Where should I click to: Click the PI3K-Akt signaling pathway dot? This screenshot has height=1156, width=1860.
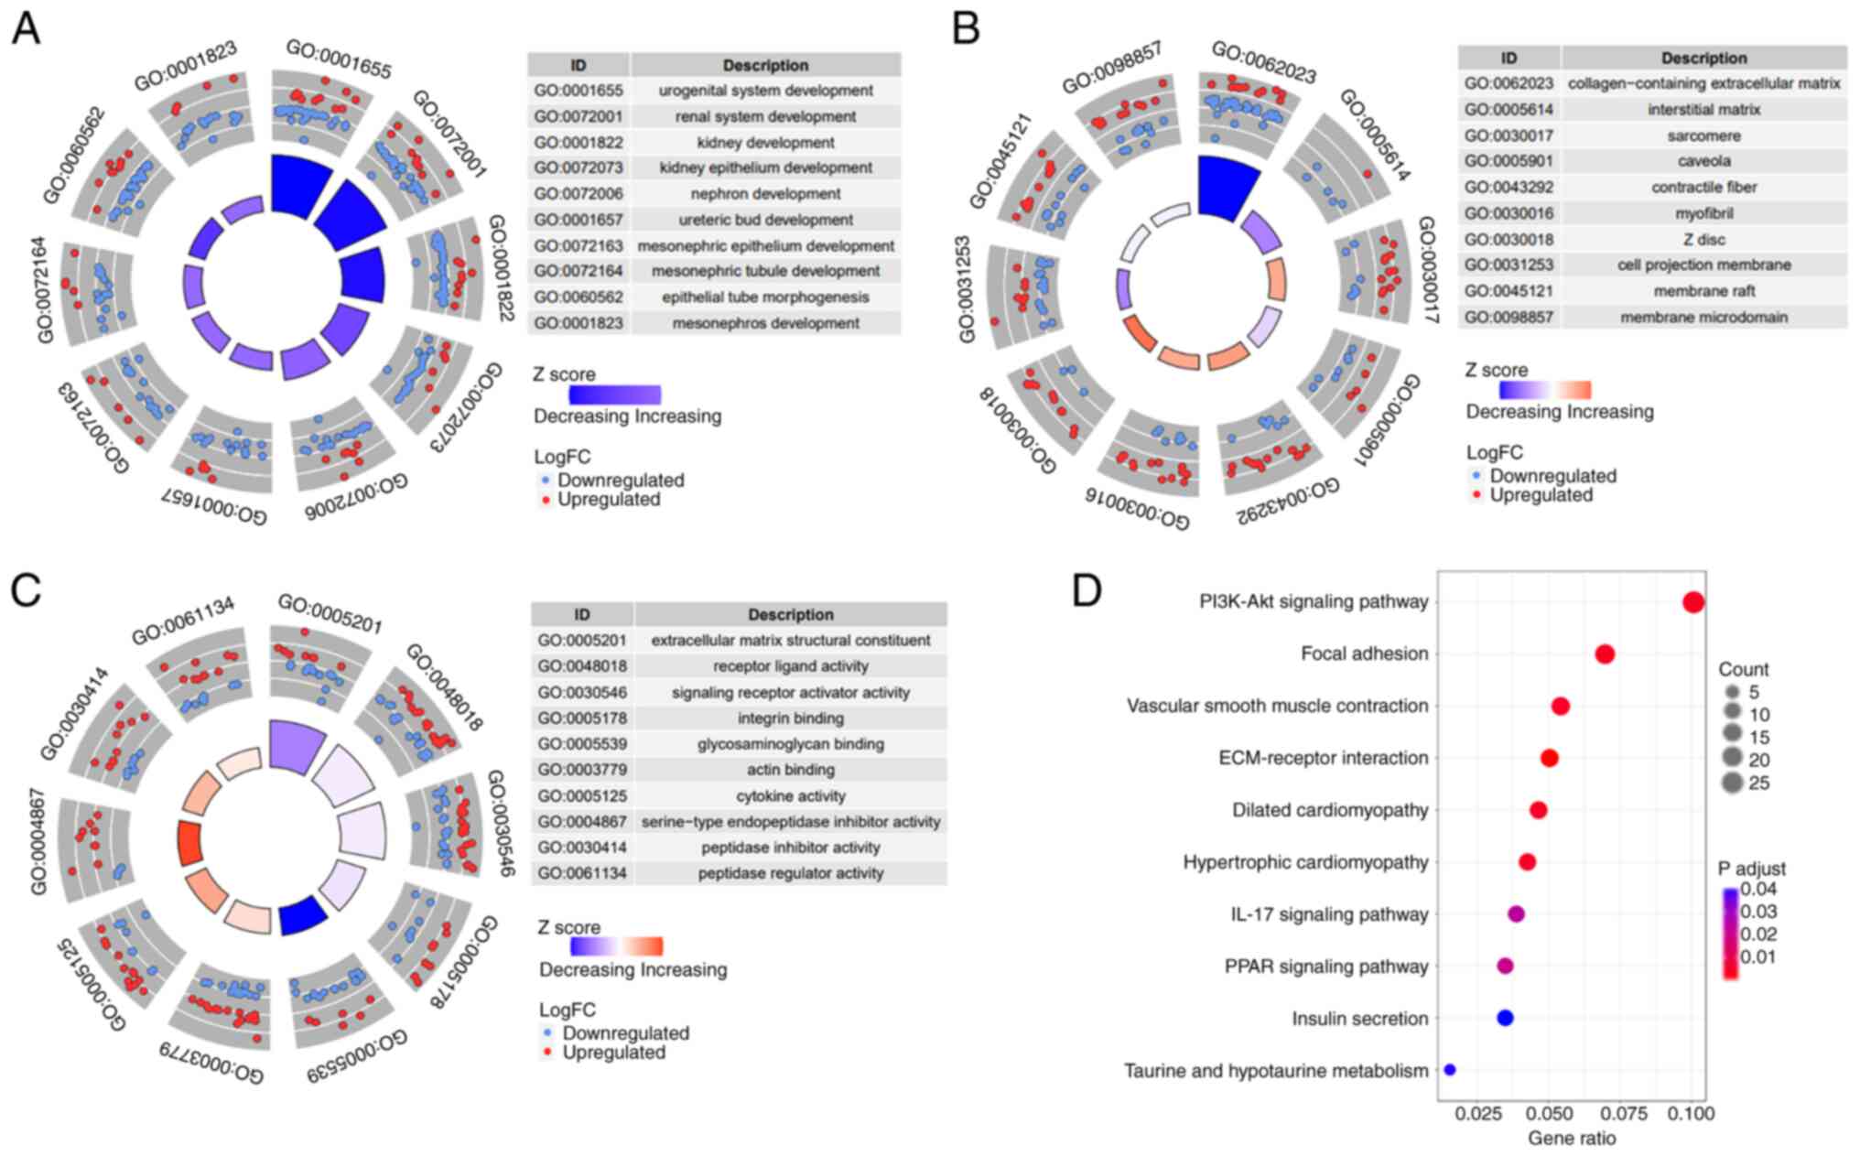[1692, 602]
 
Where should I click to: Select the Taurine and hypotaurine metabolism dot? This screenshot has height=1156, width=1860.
[1449, 1069]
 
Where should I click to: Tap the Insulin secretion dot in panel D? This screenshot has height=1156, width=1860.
[1505, 1017]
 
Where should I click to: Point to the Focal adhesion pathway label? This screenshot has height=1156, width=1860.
[1364, 654]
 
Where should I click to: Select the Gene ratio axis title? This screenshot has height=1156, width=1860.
[1572, 1138]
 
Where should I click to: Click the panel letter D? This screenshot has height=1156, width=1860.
[1087, 592]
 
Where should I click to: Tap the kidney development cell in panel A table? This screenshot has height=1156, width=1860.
[765, 143]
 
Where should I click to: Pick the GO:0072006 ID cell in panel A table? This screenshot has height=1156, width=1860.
[579, 194]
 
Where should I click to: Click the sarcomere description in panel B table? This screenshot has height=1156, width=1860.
[1703, 135]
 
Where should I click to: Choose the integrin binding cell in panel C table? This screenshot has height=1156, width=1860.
[791, 718]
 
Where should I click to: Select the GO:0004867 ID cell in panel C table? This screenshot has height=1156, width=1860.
[582, 822]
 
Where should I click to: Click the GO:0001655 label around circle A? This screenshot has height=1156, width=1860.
[339, 58]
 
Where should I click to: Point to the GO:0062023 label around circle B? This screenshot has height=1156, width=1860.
[1263, 61]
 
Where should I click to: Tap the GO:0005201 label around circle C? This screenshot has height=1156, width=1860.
[330, 613]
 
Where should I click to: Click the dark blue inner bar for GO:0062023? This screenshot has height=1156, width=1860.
[1227, 188]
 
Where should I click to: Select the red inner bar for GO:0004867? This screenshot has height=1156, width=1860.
[189, 843]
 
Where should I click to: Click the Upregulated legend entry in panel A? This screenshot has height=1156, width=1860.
[608, 500]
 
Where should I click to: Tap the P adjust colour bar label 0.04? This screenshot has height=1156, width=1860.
[1758, 890]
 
